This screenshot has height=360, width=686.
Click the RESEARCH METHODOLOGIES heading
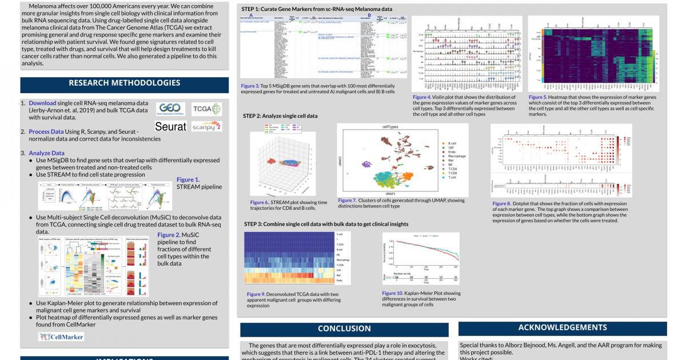124,83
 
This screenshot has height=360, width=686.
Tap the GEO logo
171,109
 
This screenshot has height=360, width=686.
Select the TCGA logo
206,109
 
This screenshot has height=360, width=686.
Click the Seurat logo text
170,126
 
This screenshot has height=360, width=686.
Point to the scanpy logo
206,126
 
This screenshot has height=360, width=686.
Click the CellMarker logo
61,337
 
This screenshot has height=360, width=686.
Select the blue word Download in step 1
42,103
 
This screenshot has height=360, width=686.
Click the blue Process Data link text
46,131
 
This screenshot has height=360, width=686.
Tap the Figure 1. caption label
188,179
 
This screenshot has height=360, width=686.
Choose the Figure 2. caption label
169,235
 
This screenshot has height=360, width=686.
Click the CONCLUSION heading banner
344,329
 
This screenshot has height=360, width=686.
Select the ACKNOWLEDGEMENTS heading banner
563,327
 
